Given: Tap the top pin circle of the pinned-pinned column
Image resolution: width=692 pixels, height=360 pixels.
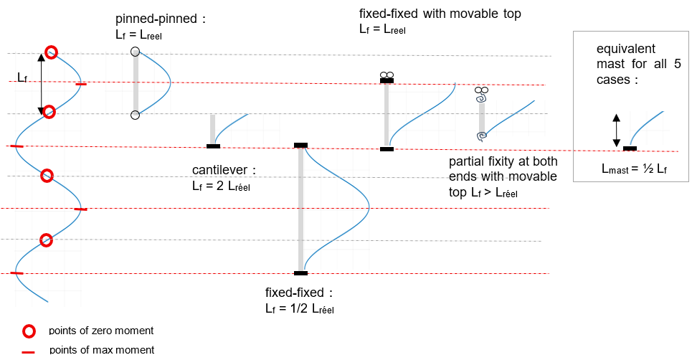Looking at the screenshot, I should click(135, 52).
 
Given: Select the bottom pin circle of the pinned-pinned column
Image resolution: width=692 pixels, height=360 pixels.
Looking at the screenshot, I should click(135, 115).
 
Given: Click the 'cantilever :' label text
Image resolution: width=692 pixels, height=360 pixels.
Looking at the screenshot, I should click(223, 171).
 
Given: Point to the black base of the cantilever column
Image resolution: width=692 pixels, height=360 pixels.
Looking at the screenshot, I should click(213, 146).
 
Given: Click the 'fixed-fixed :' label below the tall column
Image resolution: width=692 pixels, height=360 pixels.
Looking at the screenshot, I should click(299, 294).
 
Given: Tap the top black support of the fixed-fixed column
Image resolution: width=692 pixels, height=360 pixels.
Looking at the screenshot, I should click(300, 146).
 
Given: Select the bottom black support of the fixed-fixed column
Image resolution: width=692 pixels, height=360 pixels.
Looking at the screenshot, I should click(300, 273).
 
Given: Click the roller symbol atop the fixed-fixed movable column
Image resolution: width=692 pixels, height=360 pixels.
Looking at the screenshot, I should click(387, 75).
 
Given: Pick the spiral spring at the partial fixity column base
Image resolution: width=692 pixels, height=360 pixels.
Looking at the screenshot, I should click(483, 135).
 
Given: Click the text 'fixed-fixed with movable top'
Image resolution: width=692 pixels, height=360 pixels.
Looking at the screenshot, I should click(440, 14).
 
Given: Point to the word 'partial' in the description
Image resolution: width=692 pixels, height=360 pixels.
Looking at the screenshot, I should click(465, 162).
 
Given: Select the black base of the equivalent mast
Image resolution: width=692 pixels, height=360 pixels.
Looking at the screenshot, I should click(630, 148).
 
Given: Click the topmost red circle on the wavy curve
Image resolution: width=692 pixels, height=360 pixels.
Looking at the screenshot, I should click(51, 52).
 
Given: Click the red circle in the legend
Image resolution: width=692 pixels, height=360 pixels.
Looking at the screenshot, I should click(29, 331).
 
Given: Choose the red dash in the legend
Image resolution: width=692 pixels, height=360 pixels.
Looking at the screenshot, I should click(29, 351).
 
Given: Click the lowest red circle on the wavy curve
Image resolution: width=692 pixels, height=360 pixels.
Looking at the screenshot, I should click(46, 240).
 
